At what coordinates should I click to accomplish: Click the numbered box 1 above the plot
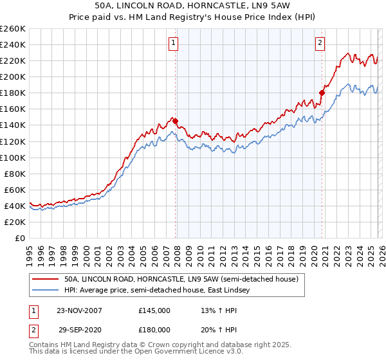pos(174,44)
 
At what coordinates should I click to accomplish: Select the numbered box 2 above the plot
pos(320,44)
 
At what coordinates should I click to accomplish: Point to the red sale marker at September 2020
pos(322,93)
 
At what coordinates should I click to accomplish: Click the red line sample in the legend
pos(44,280)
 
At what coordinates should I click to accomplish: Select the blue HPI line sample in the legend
pos(44,291)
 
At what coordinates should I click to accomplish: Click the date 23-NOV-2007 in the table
pos(78,310)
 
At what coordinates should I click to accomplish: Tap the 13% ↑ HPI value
pos(212,310)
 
